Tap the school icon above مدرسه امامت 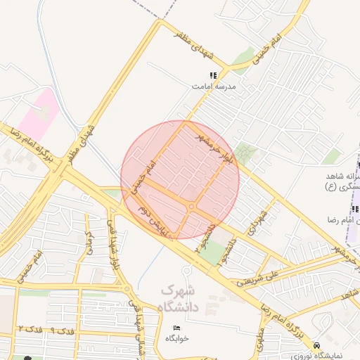point(213,75)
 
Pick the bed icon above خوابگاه point(176,328)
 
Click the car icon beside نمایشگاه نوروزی point(317,345)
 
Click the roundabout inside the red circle point(191,206)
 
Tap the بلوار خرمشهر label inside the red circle point(216,147)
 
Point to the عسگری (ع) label point(342,186)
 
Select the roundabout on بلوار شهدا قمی point(127,288)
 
